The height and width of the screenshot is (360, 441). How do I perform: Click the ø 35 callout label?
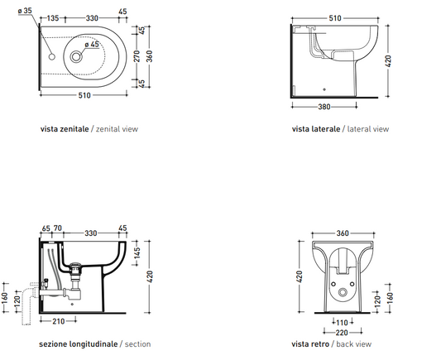[25, 11]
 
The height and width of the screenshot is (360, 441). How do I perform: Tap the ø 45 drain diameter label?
[92, 45]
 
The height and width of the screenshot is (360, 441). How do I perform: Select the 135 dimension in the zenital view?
[53, 18]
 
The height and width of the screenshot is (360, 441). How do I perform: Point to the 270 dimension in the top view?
[137, 56]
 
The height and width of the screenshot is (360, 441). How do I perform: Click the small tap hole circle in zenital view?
[52, 56]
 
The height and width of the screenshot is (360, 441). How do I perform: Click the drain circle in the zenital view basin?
[75, 57]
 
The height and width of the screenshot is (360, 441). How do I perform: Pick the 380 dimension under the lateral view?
[324, 107]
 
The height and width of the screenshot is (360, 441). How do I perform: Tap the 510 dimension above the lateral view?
[335, 18]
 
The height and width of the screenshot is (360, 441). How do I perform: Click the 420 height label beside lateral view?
[388, 61]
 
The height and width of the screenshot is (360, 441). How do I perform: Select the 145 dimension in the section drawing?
[137, 253]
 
